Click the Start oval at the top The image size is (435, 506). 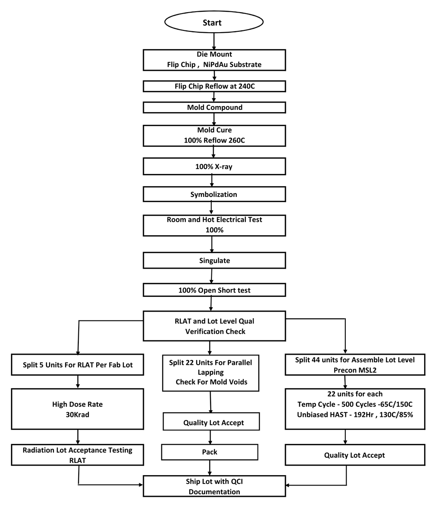[x=213, y=23]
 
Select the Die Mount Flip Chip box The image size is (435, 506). [x=214, y=60]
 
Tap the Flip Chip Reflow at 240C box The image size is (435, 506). [x=214, y=86]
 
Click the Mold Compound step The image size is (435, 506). [x=214, y=107]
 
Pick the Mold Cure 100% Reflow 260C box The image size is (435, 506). [x=214, y=135]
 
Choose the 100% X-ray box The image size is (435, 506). [x=214, y=166]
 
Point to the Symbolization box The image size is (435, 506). [x=214, y=194]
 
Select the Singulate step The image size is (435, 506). [x=214, y=260]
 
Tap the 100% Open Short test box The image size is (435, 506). [x=214, y=290]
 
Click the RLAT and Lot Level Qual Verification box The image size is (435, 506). [x=214, y=326]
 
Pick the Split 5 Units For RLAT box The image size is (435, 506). [x=78, y=365]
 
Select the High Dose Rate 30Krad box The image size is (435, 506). [x=78, y=409]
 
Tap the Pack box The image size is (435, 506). [x=210, y=452]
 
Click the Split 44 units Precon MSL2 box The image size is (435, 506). [x=355, y=365]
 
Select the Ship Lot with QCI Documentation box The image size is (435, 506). [x=214, y=486]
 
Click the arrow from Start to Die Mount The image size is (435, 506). [x=214, y=42]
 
